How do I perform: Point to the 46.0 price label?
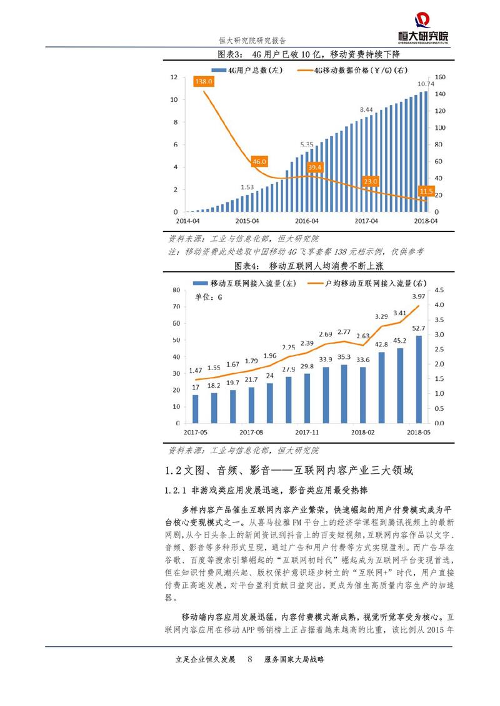click(x=259, y=162)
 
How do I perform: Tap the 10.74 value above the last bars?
click(x=425, y=84)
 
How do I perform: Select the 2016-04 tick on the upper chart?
click(x=306, y=221)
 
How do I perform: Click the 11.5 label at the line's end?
click(x=426, y=190)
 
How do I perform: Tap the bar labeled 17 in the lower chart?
click(x=195, y=409)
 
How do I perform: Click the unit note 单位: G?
click(x=209, y=298)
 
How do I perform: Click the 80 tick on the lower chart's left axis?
click(x=176, y=290)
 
